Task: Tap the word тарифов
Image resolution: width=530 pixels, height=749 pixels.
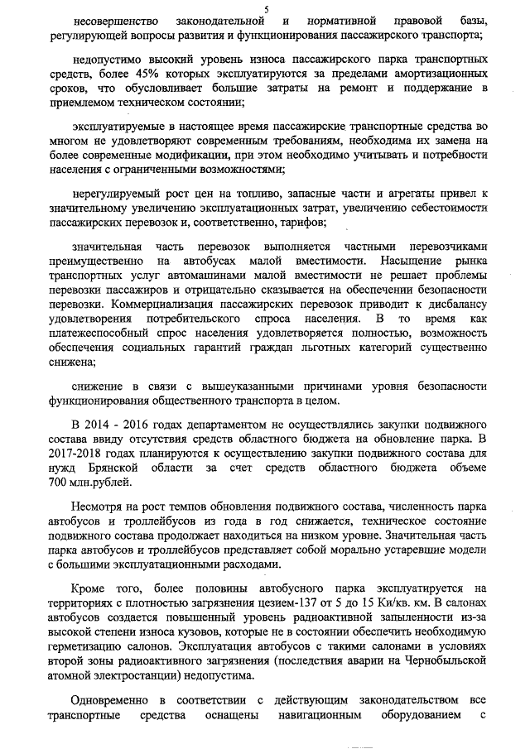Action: (302, 223)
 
